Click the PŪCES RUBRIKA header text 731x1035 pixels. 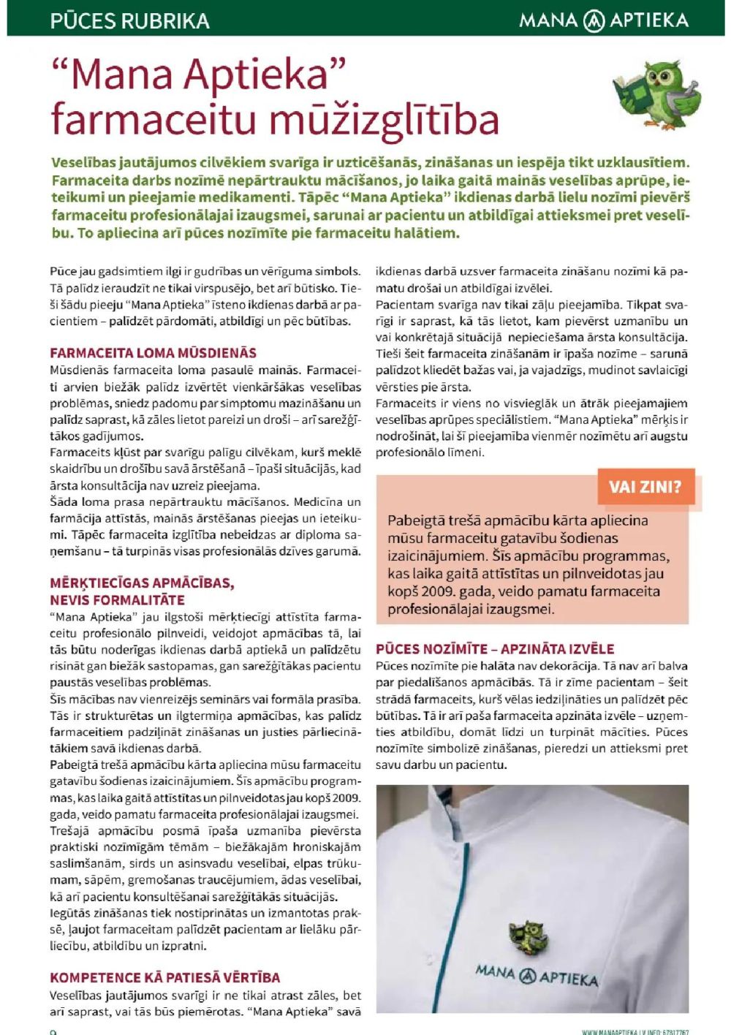[x=129, y=20]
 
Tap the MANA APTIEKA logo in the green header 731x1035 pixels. [x=604, y=20]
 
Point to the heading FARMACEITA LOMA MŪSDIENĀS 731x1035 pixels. [x=153, y=353]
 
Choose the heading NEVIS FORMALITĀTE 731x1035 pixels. [x=117, y=600]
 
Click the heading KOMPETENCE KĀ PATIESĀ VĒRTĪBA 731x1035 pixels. [x=164, y=977]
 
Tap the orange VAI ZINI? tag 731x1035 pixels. [x=645, y=487]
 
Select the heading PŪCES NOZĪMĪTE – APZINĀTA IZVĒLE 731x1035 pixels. [x=495, y=648]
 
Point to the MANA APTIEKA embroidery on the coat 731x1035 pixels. [x=537, y=975]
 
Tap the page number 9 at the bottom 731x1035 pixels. [x=53, y=1031]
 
